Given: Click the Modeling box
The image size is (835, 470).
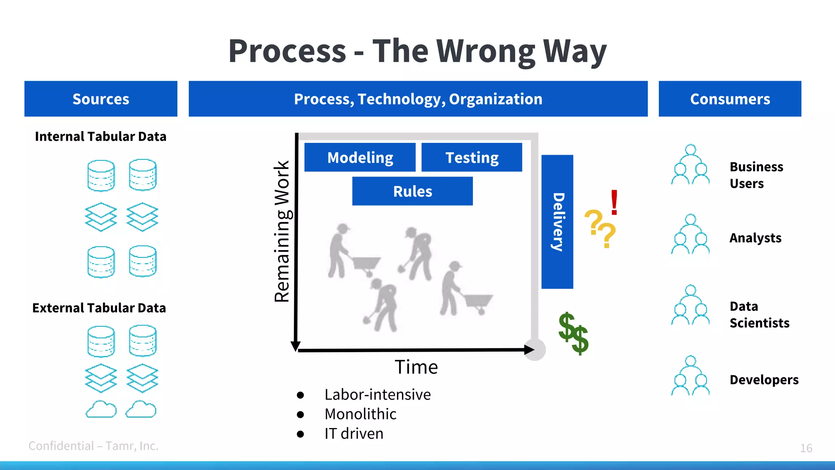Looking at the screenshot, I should [x=360, y=157].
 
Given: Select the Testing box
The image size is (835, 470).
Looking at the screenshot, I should [x=472, y=157].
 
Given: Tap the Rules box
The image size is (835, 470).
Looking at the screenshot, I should [x=412, y=191].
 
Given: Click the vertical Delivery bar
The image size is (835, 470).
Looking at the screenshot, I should [x=557, y=222].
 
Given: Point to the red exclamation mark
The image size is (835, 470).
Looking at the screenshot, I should [x=614, y=202].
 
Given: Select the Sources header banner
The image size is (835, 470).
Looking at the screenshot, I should [x=101, y=99].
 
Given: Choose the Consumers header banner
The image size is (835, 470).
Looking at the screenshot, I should [x=730, y=99].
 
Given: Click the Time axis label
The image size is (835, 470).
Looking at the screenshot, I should [x=416, y=367].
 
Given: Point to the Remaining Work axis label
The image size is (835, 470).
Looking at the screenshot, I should [x=282, y=231].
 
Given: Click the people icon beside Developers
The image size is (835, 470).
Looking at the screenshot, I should [x=690, y=376].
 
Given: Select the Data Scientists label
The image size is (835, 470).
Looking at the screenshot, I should [x=759, y=315].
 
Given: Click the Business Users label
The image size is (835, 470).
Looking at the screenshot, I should [x=756, y=175].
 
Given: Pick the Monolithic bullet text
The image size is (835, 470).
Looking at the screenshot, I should [x=360, y=414].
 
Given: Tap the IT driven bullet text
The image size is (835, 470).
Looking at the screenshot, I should [x=354, y=434].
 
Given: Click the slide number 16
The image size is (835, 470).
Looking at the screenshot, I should [x=806, y=448].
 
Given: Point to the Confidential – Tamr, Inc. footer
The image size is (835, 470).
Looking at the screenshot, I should [x=93, y=446].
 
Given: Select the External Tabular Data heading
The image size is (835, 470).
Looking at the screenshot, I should [x=99, y=308].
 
